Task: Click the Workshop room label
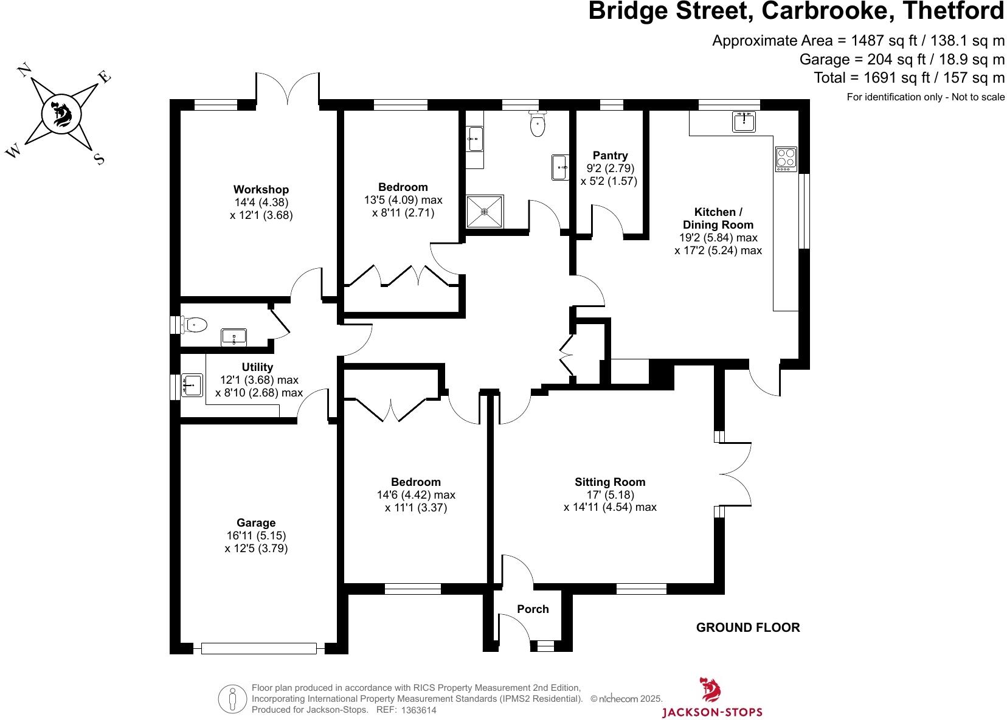[x=261, y=190]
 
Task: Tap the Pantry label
[x=610, y=156]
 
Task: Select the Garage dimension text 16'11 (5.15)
[x=255, y=536]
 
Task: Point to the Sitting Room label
[x=610, y=482]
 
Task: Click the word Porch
[x=533, y=609]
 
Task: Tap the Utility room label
[x=257, y=367]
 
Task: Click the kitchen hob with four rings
[x=786, y=159]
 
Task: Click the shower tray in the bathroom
[x=485, y=212]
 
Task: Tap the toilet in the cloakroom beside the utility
[x=194, y=325]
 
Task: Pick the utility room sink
[x=192, y=384]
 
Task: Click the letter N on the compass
[x=25, y=71]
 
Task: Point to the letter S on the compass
[x=99, y=159]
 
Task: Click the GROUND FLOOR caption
[x=748, y=628]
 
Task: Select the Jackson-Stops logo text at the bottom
[x=711, y=711]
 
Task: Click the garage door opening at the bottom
[x=258, y=648]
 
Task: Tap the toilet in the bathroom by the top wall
[x=538, y=125]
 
